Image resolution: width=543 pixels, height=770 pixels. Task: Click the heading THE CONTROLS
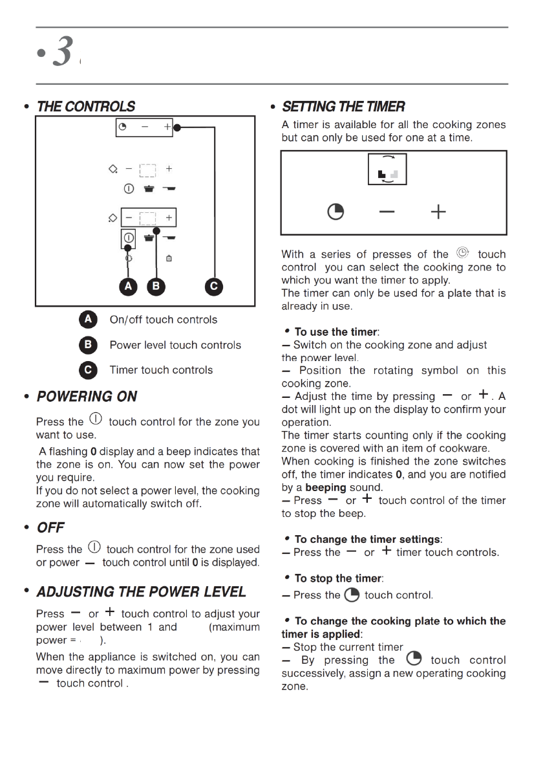coord(86,107)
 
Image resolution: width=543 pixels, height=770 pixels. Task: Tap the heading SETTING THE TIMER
coord(344,107)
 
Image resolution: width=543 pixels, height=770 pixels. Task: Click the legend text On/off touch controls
coord(164,320)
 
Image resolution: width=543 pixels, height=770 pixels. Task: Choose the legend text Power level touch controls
coord(175,345)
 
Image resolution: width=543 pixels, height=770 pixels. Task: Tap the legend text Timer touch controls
coord(161,370)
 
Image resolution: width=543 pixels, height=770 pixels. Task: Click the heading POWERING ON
coord(87,397)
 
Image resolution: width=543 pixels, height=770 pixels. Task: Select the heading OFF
coord(50,528)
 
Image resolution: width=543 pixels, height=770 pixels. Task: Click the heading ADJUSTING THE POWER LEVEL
coord(141,592)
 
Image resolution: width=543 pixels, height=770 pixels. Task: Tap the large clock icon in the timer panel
coord(335,212)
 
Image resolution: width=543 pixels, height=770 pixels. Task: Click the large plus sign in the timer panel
coord(438,212)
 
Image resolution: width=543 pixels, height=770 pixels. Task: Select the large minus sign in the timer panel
coord(387,212)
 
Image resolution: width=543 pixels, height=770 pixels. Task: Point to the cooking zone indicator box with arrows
coord(388,170)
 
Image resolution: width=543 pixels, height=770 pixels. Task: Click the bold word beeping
coord(326,487)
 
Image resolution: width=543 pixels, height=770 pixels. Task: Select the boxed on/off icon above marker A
coord(128,237)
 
